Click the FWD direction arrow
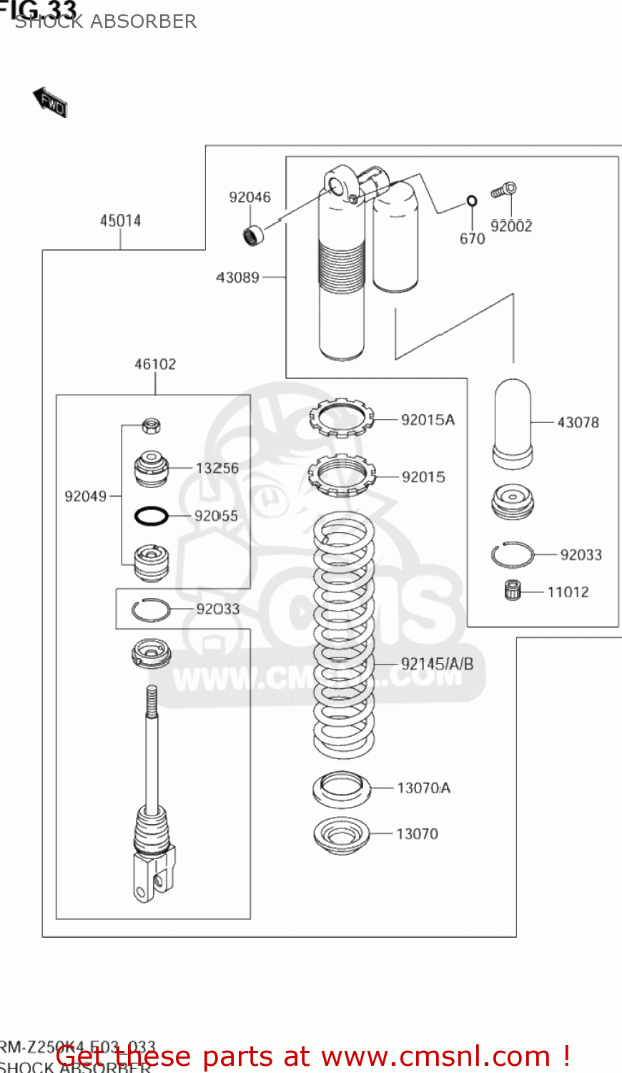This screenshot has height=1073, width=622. [50, 102]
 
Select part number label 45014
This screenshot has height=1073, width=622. [120, 220]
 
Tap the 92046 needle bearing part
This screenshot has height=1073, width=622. [252, 234]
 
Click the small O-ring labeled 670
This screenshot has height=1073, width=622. [472, 201]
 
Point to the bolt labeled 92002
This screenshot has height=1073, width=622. [504, 190]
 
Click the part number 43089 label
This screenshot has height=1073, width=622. [237, 278]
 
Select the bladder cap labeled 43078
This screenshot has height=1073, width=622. [512, 423]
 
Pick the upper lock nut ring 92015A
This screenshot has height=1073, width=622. [341, 418]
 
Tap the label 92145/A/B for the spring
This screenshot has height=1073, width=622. [437, 664]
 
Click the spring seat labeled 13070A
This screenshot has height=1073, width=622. [341, 789]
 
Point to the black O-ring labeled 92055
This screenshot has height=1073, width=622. [152, 515]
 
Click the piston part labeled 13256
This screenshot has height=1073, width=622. [151, 468]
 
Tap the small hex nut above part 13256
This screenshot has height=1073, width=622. [150, 426]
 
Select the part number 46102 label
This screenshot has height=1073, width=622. [155, 364]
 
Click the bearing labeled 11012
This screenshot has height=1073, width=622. [513, 591]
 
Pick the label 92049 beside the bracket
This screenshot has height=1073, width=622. [85, 496]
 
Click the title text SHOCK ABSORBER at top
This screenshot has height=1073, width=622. [106, 21]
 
